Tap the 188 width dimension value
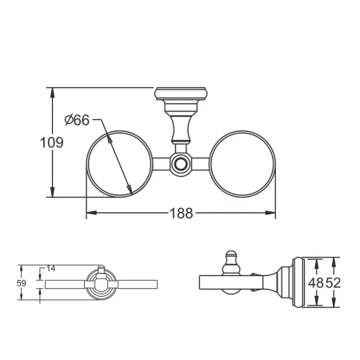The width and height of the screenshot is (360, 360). click(x=180, y=214)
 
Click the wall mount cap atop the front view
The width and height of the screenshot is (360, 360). click(x=181, y=100)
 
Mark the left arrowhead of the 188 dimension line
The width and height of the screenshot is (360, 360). click(x=89, y=214)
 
